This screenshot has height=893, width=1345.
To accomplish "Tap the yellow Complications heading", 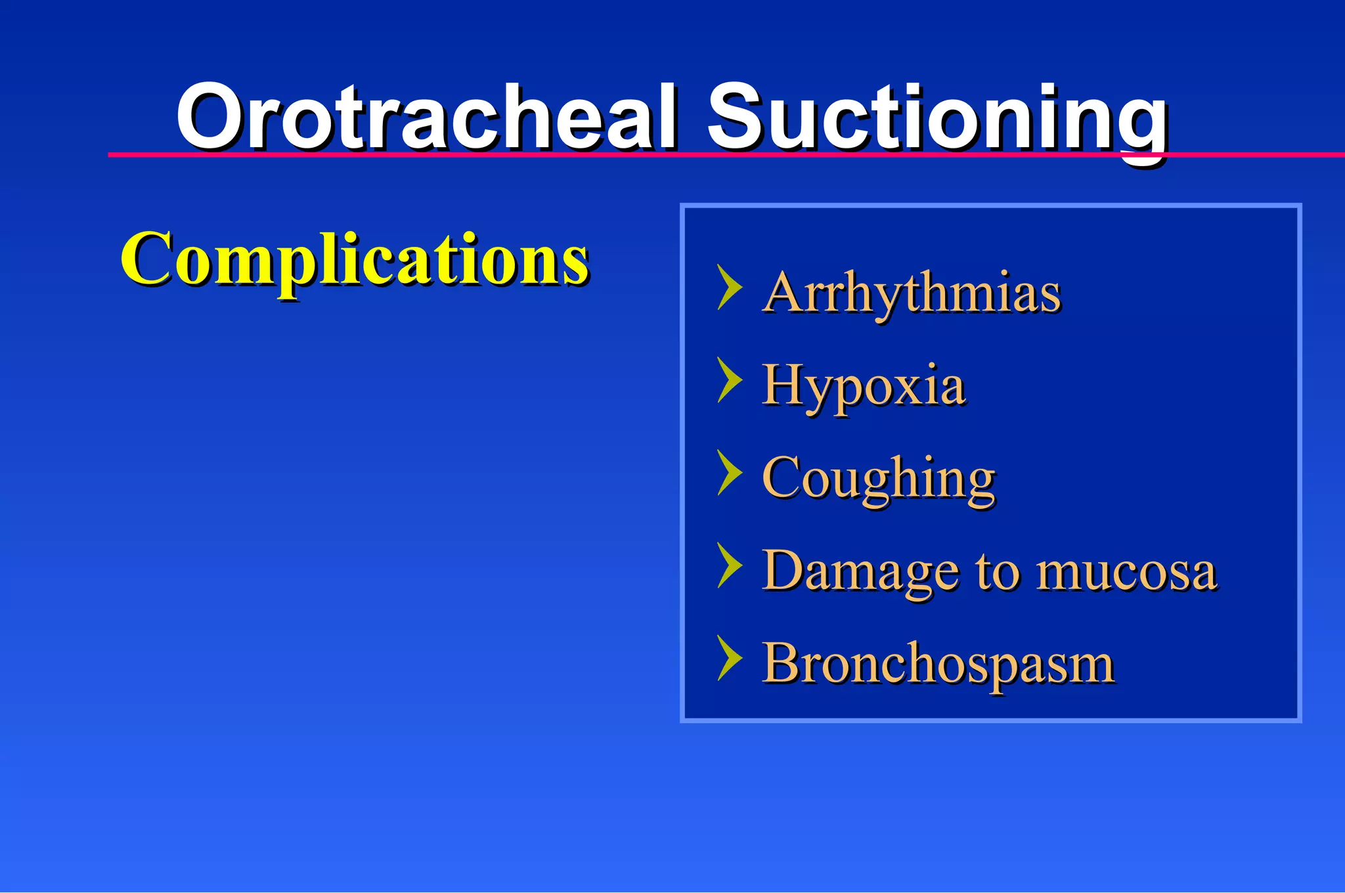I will coord(354,259).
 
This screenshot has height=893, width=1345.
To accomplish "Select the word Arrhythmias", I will coord(912,293).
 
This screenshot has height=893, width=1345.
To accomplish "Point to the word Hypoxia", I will coord(863,385).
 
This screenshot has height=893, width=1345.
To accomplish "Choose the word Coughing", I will coord(878,479).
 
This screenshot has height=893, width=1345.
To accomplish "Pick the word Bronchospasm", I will coord(938,664).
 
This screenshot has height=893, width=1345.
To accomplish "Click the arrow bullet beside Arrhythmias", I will coord(729,287).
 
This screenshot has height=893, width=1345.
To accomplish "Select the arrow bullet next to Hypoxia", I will coord(729,380).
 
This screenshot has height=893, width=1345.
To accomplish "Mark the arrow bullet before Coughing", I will coord(729,472).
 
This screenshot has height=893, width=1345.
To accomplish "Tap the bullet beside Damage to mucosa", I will coord(729,565).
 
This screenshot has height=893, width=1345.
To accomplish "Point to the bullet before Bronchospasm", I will coord(729,657).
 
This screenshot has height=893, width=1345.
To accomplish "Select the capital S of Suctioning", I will coord(738,117).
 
